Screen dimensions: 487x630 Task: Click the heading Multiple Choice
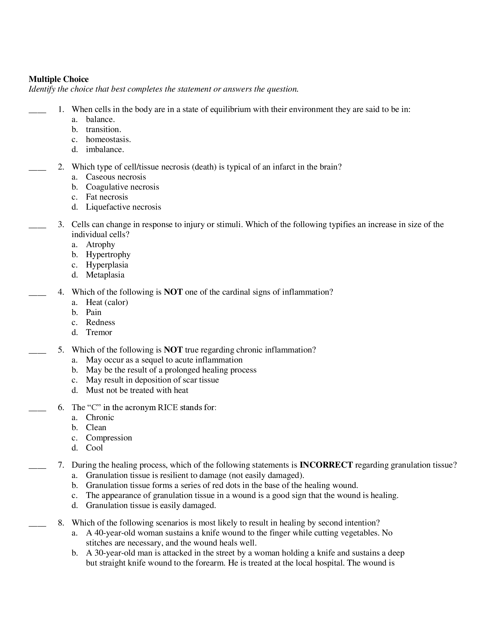(58, 79)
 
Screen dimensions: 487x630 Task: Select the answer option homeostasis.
(108, 140)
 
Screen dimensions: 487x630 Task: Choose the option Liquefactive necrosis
(123, 207)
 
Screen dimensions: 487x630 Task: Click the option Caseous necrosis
(116, 177)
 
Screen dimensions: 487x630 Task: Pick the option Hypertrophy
(108, 254)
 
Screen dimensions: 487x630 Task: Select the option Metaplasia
(105, 275)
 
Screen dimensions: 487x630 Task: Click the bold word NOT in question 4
(173, 292)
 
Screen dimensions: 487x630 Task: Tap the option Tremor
(99, 332)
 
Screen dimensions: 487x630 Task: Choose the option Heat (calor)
(107, 302)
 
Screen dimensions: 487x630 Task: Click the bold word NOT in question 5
(173, 350)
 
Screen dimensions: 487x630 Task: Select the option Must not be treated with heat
(137, 390)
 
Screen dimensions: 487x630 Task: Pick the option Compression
(109, 438)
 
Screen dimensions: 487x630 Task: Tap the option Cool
(94, 448)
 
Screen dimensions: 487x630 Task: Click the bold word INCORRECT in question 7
(326, 465)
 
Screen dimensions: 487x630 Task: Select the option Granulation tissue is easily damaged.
(151, 505)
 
